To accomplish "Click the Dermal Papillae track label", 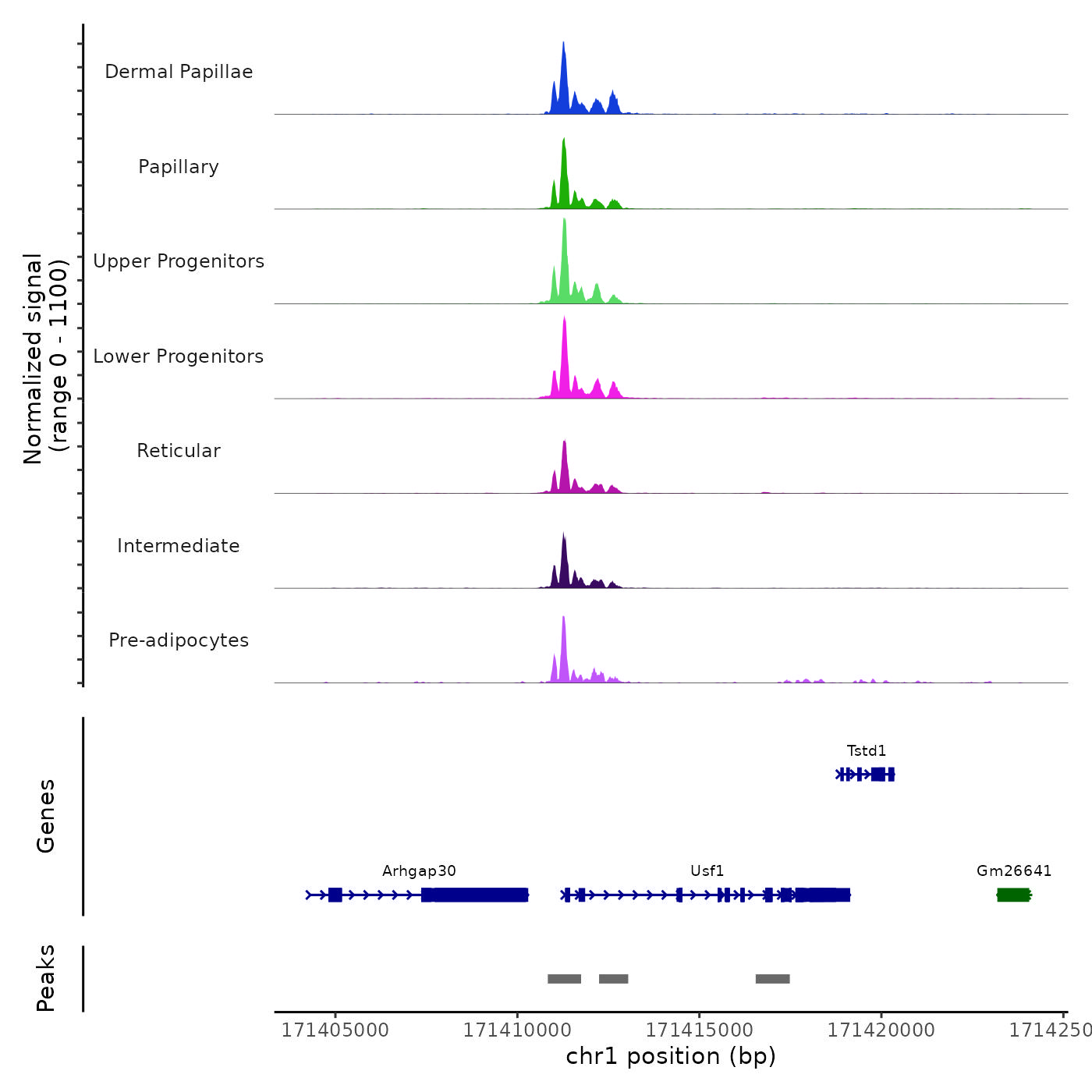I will point(179,72).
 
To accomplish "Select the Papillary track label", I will point(179,167).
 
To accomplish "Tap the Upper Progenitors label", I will point(179,261).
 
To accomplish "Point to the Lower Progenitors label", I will point(179,356).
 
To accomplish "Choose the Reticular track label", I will point(179,451).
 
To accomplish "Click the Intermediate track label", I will point(179,546).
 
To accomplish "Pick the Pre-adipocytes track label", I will point(179,640).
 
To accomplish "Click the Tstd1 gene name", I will point(867,751).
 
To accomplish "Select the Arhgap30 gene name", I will point(419,871).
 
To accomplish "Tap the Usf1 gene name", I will point(707,871).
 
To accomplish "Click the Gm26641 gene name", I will point(1014,871).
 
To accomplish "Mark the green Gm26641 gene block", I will point(1014,895).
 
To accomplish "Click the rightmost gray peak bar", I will point(772,979).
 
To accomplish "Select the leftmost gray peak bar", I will point(564,979).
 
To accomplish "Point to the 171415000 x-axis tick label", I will point(700,1030).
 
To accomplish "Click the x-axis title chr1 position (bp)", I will point(671,1056).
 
